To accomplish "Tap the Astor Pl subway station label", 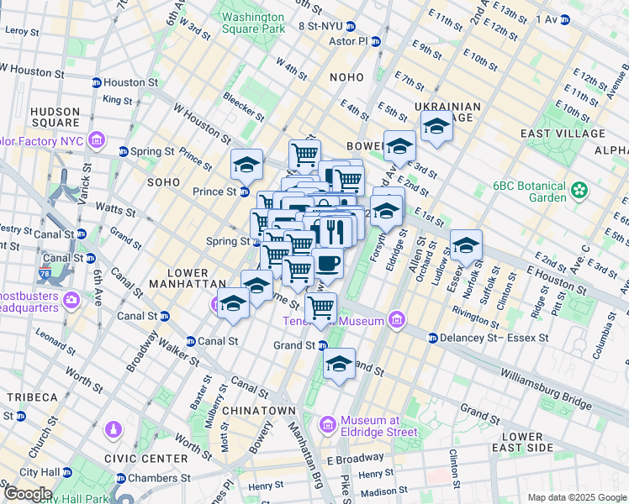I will (352, 40).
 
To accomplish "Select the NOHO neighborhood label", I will (346, 77).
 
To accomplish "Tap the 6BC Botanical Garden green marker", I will (579, 190).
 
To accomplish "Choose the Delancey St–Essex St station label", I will (494, 338).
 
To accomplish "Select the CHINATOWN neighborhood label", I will (264, 410).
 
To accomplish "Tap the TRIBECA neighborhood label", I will (33, 396).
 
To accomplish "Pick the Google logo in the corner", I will (27, 494).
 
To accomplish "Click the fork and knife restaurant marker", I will (335, 231).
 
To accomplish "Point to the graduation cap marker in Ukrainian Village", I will (436, 129).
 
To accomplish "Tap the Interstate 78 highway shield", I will (45, 273).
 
